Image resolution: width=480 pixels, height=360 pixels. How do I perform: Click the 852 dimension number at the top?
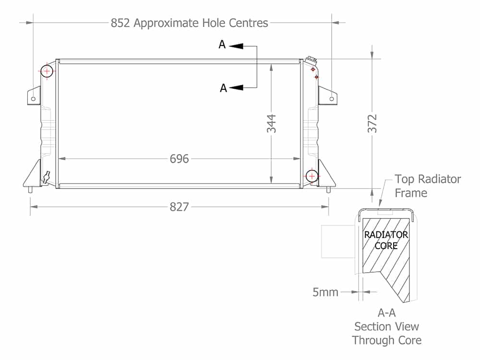[120, 23]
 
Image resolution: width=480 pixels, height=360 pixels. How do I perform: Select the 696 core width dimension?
[180, 159]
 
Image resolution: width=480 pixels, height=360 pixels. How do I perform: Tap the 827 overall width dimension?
[180, 207]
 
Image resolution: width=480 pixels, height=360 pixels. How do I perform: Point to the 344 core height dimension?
[271, 124]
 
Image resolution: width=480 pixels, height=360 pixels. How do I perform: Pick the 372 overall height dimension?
[372, 124]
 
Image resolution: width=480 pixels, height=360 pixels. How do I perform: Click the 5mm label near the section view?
[325, 292]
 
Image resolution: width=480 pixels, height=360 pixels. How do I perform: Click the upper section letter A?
[222, 45]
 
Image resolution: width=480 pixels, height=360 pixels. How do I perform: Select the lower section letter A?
[224, 88]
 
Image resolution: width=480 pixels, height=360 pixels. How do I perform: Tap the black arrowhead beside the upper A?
[236, 46]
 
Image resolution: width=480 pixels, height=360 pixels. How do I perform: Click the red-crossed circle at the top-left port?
[47, 72]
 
